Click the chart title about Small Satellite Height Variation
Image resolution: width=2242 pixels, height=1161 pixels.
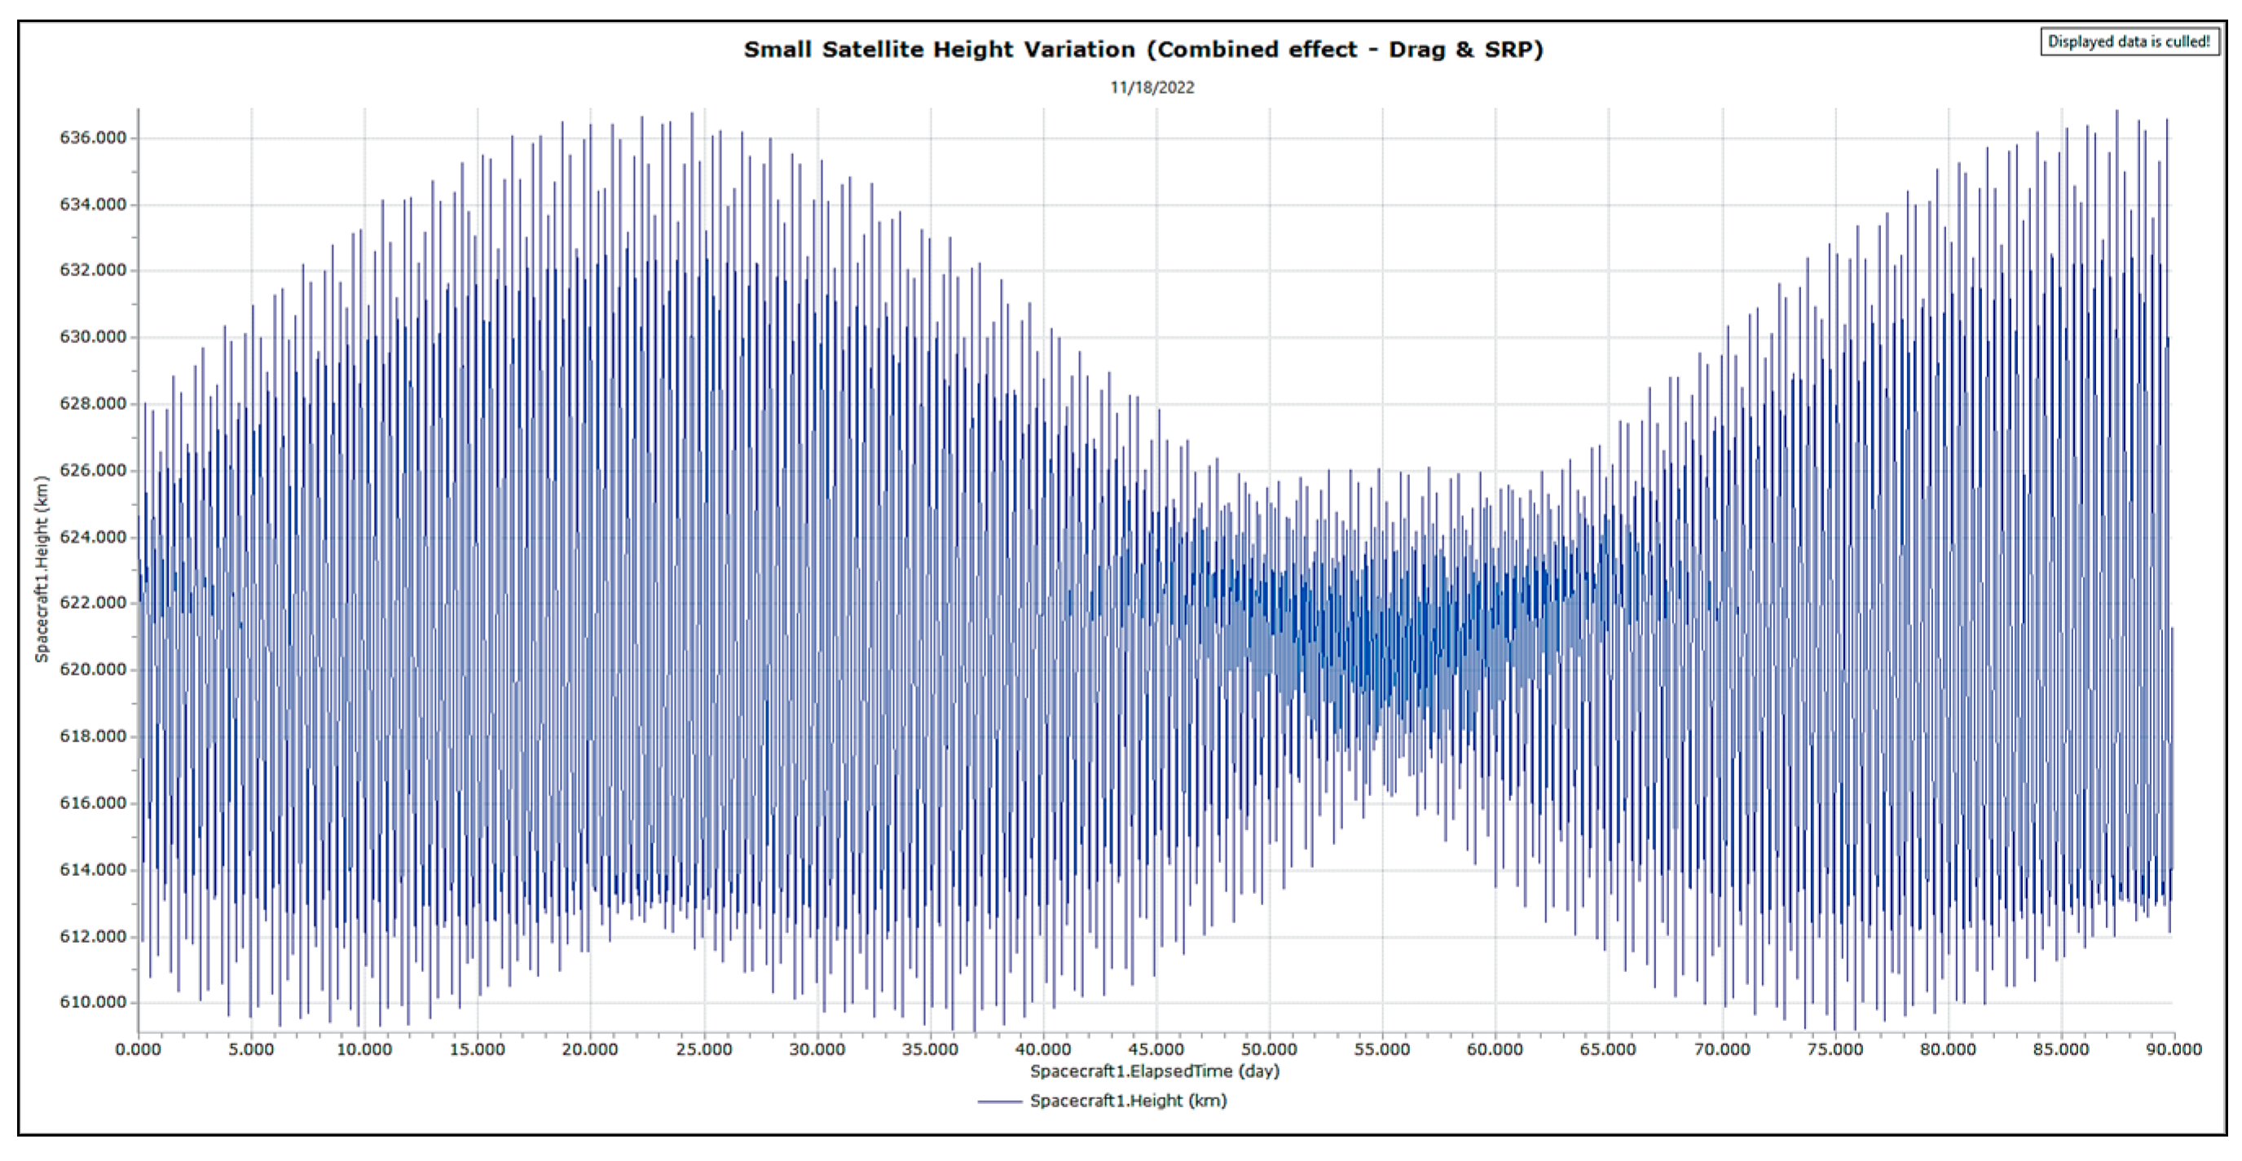coord(1143,50)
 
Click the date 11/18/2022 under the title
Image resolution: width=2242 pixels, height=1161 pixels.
coord(1152,88)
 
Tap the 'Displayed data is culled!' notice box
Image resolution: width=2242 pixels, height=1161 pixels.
coord(2128,42)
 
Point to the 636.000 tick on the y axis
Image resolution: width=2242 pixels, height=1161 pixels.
coord(92,138)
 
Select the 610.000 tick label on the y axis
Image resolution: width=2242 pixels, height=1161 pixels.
coord(92,1003)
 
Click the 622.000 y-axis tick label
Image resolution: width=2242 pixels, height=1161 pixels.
coord(92,603)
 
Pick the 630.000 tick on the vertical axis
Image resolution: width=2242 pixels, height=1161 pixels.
coord(92,336)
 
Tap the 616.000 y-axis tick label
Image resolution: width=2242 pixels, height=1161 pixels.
coord(92,803)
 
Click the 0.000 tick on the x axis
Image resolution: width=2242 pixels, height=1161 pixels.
coord(139,1049)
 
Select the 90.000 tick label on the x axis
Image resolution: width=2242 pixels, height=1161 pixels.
coord(2174,1049)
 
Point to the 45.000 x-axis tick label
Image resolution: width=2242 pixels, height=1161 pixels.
coord(1156,1049)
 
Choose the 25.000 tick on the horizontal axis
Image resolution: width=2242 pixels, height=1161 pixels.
coord(703,1049)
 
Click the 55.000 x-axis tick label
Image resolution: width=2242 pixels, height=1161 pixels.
coord(1382,1049)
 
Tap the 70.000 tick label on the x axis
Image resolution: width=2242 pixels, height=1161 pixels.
coord(1721,1049)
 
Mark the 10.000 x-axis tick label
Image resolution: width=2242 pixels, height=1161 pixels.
coord(363,1049)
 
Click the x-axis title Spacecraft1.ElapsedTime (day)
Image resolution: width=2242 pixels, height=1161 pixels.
coord(1154,1071)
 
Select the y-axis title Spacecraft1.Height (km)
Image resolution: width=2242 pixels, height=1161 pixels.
coord(41,570)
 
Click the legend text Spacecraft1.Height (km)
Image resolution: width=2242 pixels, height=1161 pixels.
coord(1128,1101)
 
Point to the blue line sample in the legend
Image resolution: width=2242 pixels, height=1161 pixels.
coord(999,1102)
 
